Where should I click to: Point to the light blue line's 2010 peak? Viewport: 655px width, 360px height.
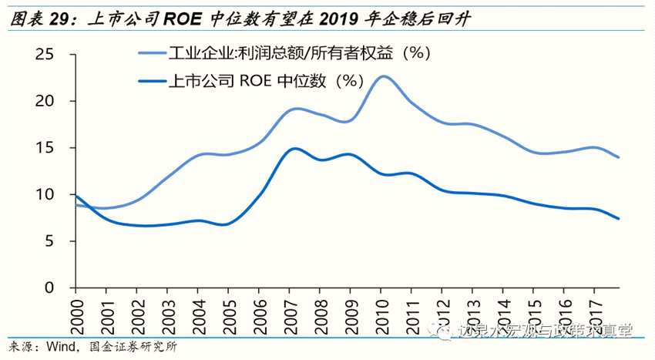point(382,76)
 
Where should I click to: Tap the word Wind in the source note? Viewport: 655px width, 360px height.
point(61,347)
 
